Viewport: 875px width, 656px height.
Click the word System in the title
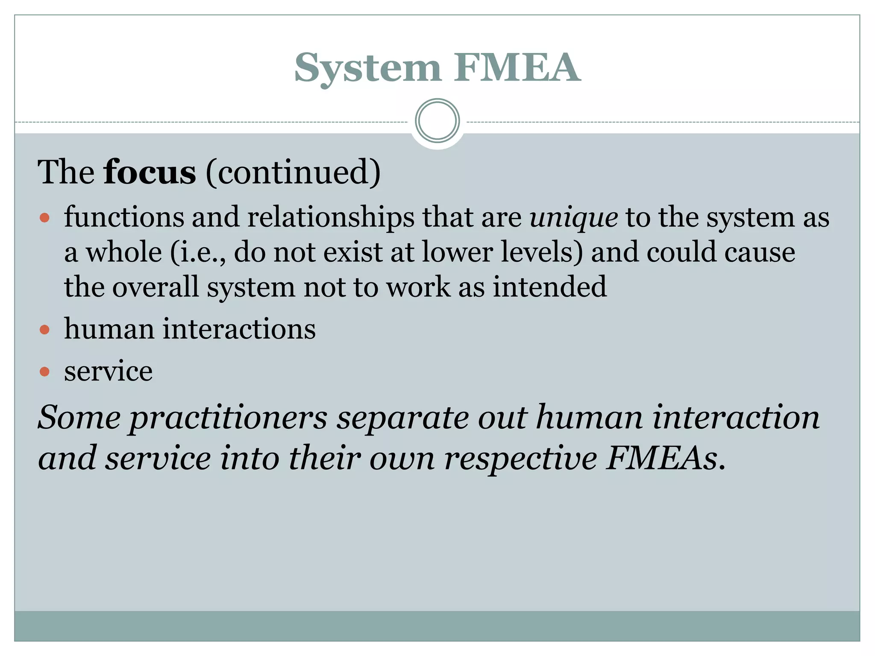pos(367,68)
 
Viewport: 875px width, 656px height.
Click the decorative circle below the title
pos(437,121)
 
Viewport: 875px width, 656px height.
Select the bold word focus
pos(150,172)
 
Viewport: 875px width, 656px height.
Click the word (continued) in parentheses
pos(293,172)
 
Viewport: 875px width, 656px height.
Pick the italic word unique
pos(573,218)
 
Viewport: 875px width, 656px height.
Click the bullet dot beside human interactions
pos(44,330)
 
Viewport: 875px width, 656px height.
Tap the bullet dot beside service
pos(44,372)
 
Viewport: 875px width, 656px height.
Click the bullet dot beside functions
pos(44,218)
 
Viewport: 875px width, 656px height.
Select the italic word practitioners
pos(229,418)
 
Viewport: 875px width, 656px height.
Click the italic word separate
pos(402,418)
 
